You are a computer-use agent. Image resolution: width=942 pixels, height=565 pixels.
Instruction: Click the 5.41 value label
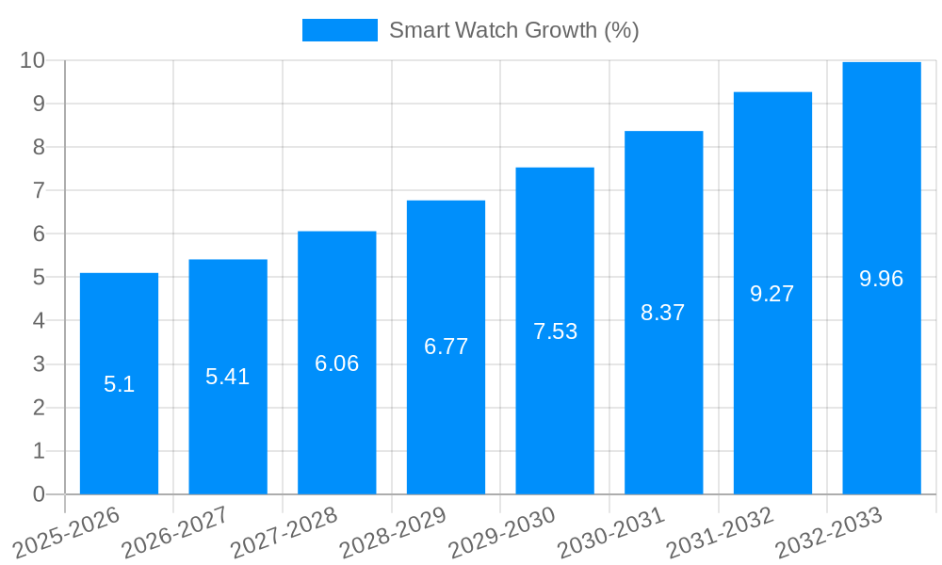click(228, 377)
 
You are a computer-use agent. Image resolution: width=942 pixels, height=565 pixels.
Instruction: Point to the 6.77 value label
click(446, 347)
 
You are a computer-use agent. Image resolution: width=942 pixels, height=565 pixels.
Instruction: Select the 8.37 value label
click(663, 313)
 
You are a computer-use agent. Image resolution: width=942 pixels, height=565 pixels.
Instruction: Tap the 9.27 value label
click(772, 294)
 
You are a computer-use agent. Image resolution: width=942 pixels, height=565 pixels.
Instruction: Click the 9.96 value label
click(882, 279)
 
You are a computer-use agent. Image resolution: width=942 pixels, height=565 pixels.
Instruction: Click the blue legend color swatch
click(339, 30)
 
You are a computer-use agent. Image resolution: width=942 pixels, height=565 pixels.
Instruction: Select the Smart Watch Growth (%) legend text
click(514, 30)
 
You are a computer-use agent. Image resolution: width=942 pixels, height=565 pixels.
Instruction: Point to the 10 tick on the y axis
click(33, 60)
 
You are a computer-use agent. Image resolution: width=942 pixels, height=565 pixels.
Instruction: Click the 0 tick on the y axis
click(39, 494)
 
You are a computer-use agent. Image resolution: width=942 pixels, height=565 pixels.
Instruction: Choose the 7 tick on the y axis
click(39, 190)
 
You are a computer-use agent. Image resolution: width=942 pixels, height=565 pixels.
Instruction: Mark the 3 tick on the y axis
click(39, 364)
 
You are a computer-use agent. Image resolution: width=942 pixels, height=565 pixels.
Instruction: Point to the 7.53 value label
click(555, 331)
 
